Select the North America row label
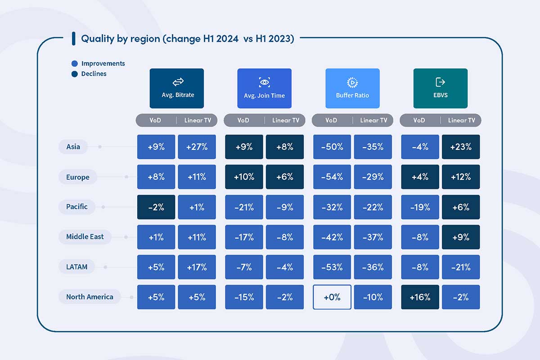(90, 297)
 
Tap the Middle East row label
(85, 237)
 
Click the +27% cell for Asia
(197, 147)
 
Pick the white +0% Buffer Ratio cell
(332, 297)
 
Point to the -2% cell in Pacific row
(156, 207)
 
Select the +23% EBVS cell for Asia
(461, 147)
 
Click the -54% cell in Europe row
(332, 177)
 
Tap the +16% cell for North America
(420, 297)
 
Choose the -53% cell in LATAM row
(332, 267)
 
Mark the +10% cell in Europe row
(244, 177)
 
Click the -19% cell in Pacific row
(420, 207)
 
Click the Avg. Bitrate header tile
(176, 88)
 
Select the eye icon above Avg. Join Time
(264, 82)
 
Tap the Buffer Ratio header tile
(352, 88)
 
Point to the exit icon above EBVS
(440, 82)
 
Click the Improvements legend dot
(75, 64)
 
